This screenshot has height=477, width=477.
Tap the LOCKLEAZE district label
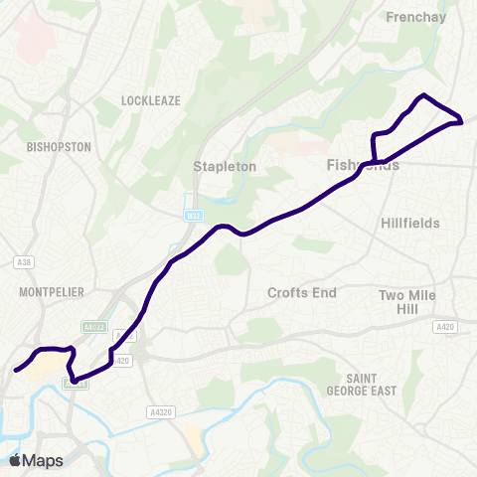(148, 101)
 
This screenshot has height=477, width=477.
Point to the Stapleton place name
(225, 167)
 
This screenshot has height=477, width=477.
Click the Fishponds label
(363, 165)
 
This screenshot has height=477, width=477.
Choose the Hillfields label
(410, 224)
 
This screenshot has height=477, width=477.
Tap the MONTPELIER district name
(50, 291)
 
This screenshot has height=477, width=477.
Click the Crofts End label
(303, 293)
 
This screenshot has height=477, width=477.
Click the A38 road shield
(25, 262)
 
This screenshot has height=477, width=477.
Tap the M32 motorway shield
(193, 215)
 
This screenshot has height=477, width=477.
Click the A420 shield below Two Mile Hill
(443, 326)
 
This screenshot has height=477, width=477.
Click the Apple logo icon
(16, 460)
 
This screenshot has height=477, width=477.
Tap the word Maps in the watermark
(44, 460)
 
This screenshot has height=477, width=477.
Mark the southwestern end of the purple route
(16, 371)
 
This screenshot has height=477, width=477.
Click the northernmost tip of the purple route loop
(425, 95)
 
